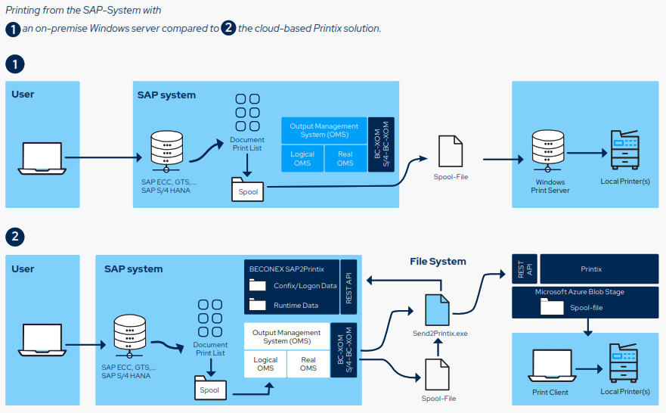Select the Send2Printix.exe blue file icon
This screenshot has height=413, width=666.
click(x=437, y=310)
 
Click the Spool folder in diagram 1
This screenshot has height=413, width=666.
click(x=248, y=190)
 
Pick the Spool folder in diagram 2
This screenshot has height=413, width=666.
click(x=209, y=389)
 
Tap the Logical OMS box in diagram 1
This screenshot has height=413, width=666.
click(x=302, y=158)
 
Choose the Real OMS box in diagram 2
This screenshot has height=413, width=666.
click(x=308, y=364)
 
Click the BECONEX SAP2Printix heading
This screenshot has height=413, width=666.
click(x=287, y=269)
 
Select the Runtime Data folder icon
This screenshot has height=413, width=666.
click(x=258, y=306)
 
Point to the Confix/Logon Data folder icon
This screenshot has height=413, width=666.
click(x=258, y=286)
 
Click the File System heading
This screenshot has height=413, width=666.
click(x=438, y=262)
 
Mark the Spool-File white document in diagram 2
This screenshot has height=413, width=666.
click(x=437, y=374)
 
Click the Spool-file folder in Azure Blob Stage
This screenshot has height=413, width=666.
click(x=552, y=306)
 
